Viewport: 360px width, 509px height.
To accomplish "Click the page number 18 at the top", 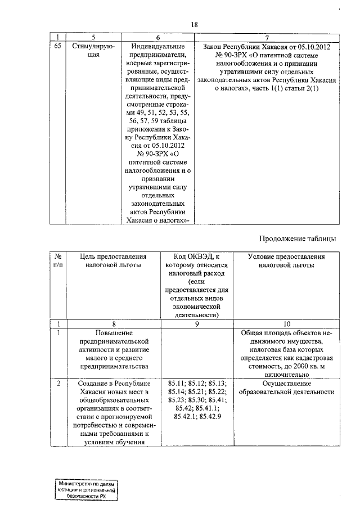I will pyautogui.click(x=195, y=24).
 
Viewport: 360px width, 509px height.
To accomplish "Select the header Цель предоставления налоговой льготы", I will pyautogui.click(x=113, y=261).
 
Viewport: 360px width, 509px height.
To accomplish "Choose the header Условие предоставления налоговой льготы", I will pyautogui.click(x=286, y=261).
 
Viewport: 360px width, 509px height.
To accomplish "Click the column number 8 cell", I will pyautogui.click(x=113, y=324).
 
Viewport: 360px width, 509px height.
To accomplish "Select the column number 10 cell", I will pyautogui.click(x=286, y=324).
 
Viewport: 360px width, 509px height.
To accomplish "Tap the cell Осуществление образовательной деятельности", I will pyautogui.click(x=286, y=388).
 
